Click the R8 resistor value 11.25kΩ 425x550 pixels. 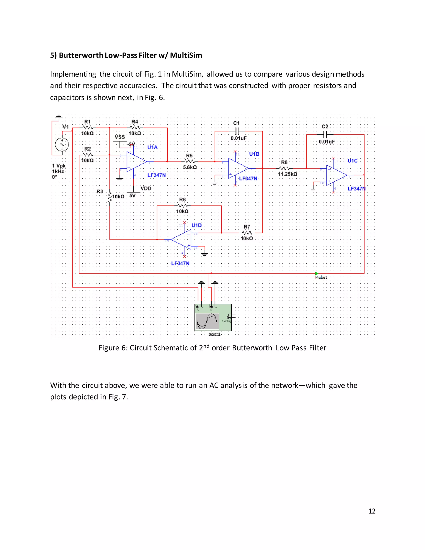pos(287,174)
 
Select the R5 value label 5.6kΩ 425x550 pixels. pos(190,167)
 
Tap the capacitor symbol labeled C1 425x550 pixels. pos(236,131)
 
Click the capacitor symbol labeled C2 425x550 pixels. pos(325,134)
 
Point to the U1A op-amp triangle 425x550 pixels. pos(136,162)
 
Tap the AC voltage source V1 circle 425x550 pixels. pos(62,144)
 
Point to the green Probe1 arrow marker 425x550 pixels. pos(316,274)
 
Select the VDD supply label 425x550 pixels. pos(146,188)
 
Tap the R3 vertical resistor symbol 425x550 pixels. pos(110,197)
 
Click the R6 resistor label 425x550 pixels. pos(182,200)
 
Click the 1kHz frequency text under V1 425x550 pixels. pos(58,171)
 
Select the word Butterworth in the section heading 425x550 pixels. pos(81,55)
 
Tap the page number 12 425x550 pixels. pos(372,511)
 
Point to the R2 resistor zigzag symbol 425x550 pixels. pos(87,155)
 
